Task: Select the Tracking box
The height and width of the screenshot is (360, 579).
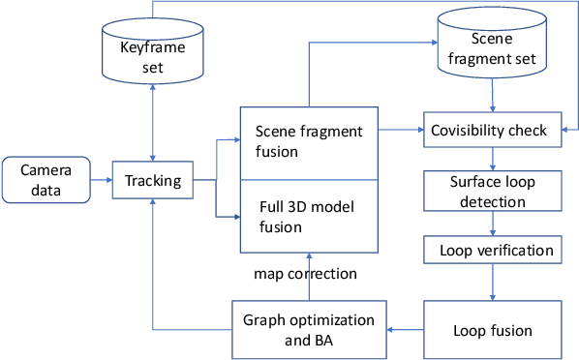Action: [x=153, y=180]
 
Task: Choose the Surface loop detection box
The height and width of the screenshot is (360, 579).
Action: [x=492, y=191]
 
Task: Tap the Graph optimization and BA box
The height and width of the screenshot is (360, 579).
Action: [x=307, y=330]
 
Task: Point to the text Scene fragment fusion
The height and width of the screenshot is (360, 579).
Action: [x=308, y=139]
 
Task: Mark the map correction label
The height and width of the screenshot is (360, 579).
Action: [x=306, y=274]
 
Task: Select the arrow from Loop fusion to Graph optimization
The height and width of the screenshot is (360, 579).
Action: [x=405, y=330]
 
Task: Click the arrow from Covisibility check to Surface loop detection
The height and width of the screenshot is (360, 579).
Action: [x=495, y=159]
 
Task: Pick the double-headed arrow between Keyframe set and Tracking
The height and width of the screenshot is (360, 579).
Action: [x=153, y=121]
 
